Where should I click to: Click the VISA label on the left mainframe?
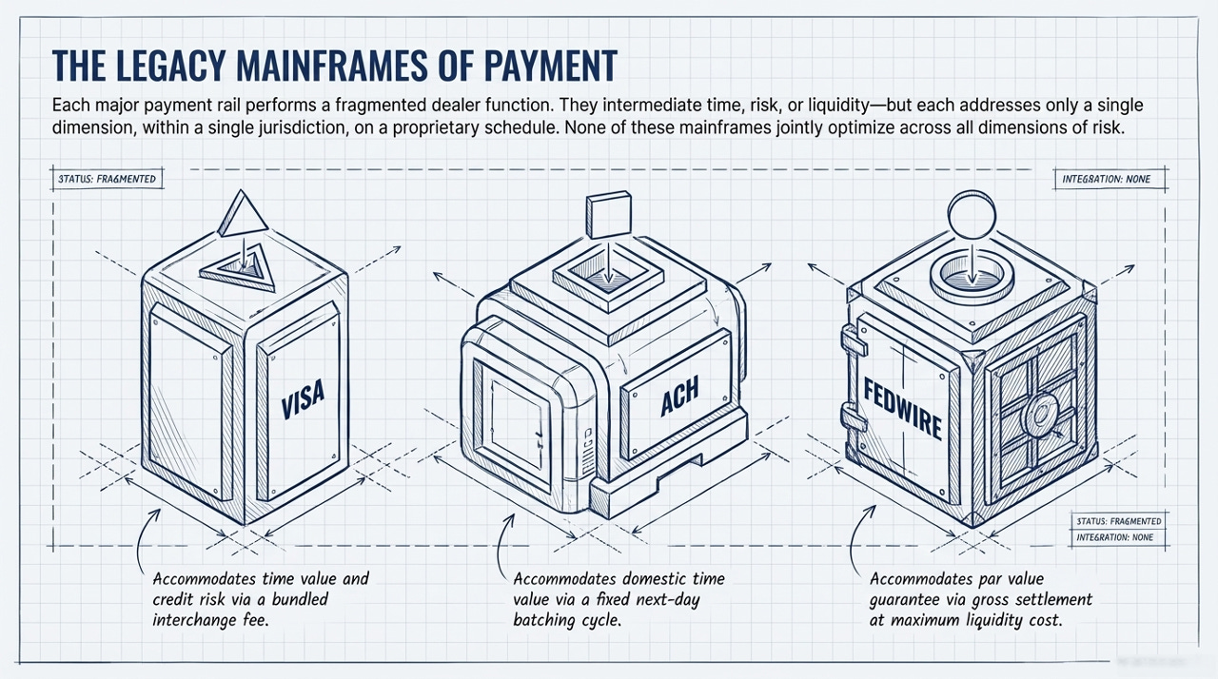point(304,398)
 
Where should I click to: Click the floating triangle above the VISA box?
point(238,210)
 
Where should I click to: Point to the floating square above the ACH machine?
point(608,215)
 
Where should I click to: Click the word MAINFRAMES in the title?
point(318,66)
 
